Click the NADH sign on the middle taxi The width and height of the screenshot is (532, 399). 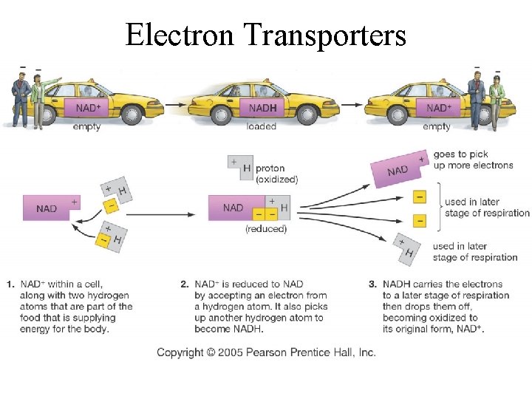click(x=264, y=108)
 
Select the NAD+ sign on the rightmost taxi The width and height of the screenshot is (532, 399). click(x=440, y=108)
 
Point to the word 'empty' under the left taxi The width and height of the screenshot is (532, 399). click(x=86, y=126)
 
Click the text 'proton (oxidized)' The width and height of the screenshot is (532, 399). click(x=276, y=174)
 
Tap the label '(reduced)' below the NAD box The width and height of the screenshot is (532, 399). click(x=265, y=229)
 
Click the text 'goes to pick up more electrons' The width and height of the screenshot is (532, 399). click(x=473, y=160)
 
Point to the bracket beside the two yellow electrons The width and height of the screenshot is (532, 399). click(x=440, y=208)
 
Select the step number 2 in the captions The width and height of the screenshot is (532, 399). click(x=184, y=284)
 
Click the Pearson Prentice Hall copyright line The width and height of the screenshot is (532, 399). click(x=266, y=352)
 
